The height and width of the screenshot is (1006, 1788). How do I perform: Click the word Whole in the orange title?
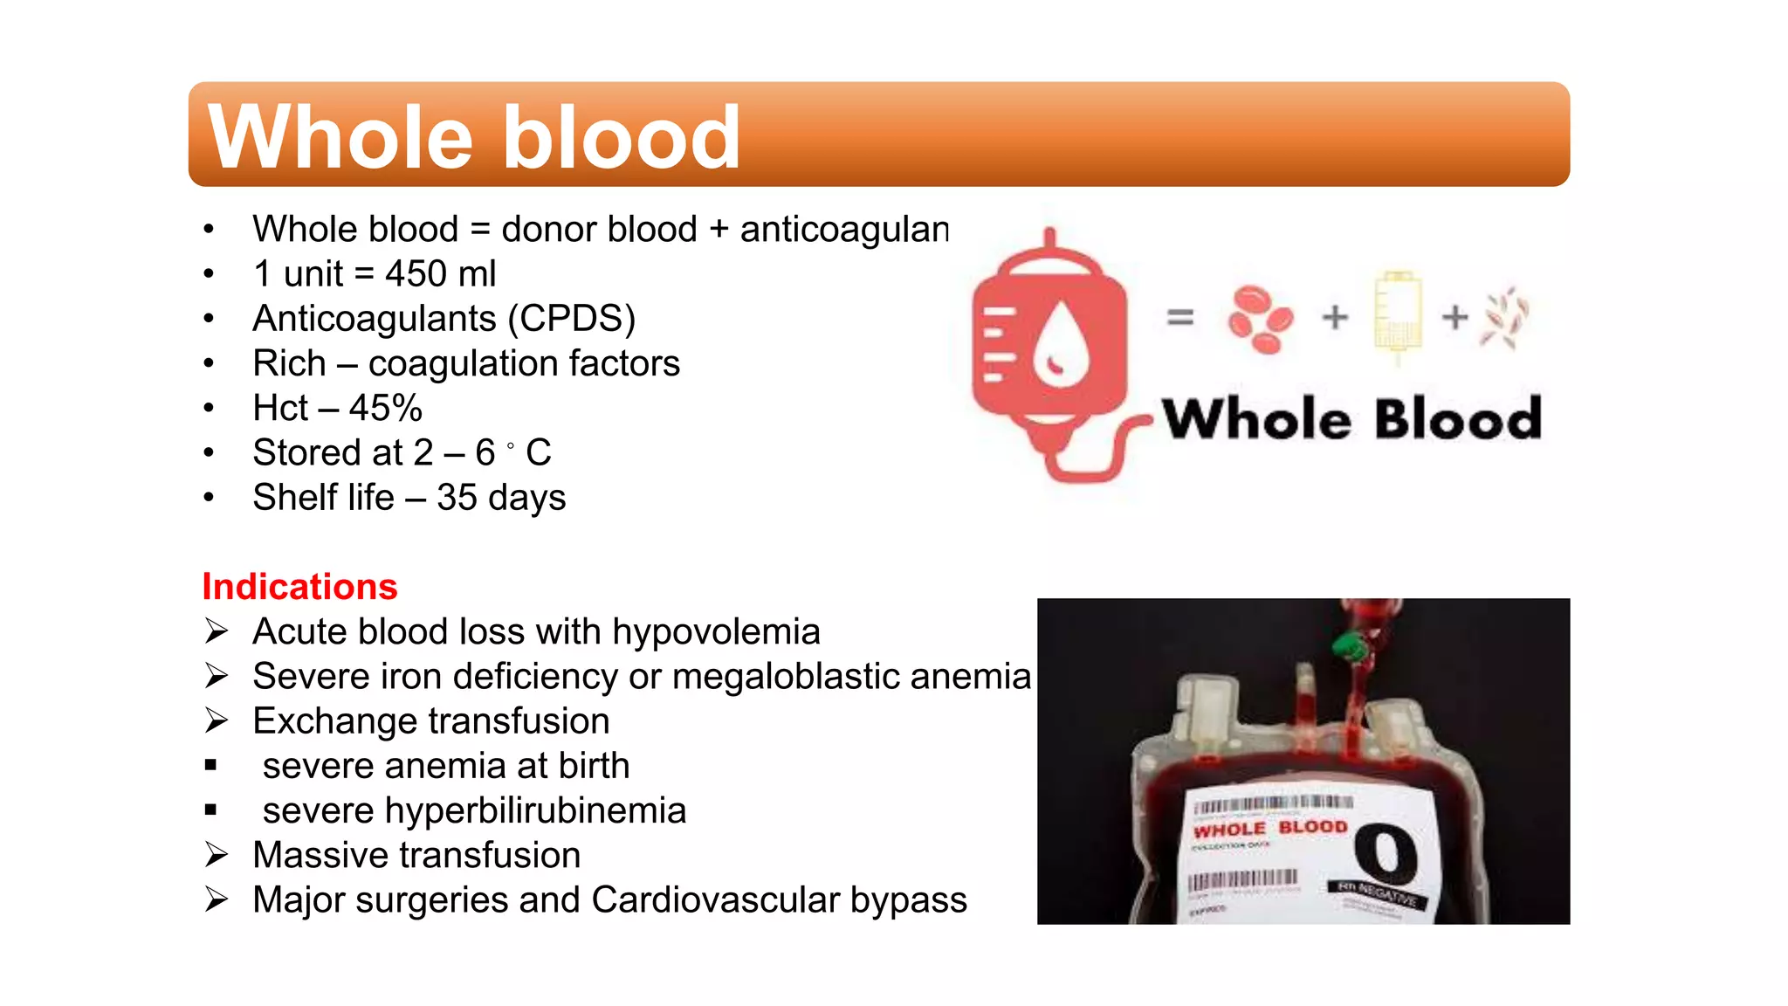click(340, 137)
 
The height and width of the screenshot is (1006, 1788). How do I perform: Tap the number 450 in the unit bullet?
click(416, 274)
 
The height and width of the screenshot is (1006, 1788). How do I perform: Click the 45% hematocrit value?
click(385, 408)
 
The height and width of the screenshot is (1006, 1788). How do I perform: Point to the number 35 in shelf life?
click(457, 498)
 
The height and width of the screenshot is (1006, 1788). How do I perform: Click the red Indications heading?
click(299, 587)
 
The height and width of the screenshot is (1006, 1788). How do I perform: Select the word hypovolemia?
click(716, 632)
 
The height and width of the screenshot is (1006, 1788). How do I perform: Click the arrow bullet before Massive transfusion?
click(217, 855)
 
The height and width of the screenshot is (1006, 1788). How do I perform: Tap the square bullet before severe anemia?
click(210, 766)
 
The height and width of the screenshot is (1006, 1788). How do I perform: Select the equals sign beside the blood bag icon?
click(1180, 318)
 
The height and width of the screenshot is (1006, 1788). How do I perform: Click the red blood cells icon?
click(1260, 319)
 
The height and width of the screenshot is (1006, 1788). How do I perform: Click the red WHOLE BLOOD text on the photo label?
click(1270, 829)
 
